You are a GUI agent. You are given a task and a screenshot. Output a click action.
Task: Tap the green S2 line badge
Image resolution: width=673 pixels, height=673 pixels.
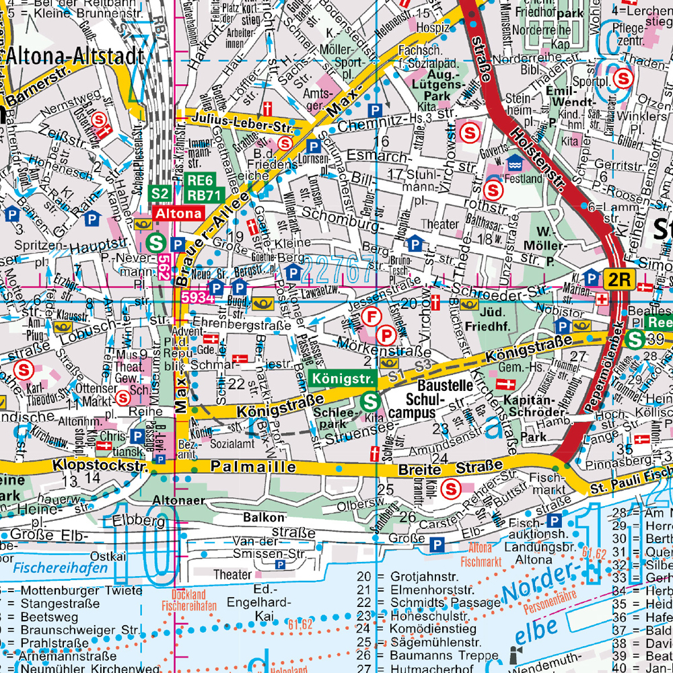tap(160, 194)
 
